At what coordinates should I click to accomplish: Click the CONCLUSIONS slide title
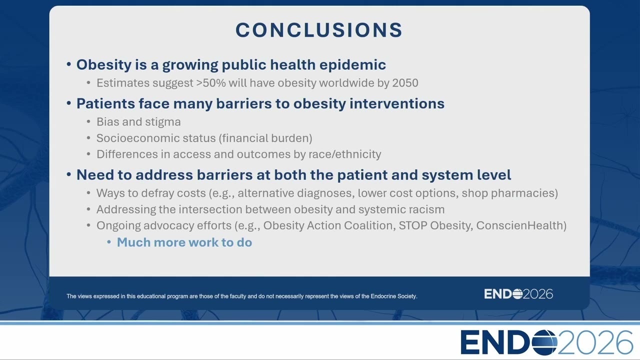tap(319, 29)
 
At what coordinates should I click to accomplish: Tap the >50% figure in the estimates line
tap(211, 83)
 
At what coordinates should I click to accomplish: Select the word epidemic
tap(352, 65)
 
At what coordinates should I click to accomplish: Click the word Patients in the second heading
tap(105, 103)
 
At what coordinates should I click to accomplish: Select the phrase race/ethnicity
tap(344, 154)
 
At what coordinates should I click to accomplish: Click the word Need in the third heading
tap(95, 175)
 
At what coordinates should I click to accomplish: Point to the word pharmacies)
tap(524, 193)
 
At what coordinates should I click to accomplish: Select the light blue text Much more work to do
tap(184, 242)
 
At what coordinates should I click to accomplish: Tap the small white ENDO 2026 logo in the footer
tap(518, 294)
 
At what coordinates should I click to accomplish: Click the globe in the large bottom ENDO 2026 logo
tap(544, 342)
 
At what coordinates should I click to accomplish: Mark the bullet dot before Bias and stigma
tap(88, 122)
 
